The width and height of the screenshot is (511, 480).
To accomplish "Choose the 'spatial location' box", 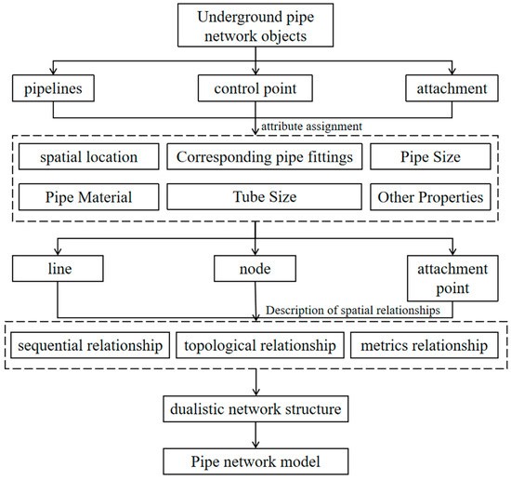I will pos(85,156).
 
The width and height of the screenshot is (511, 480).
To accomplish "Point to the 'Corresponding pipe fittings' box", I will pos(264,156).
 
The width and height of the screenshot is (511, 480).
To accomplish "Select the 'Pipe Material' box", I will pos(85,196).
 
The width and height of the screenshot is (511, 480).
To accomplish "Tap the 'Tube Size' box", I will pos(264,196).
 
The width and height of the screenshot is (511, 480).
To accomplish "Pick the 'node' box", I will pos(255,271).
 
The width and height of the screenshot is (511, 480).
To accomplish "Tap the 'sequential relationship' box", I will pos(91,346).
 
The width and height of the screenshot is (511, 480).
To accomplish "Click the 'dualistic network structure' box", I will pos(255,407).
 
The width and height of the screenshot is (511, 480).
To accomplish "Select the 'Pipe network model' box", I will pos(255,460).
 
